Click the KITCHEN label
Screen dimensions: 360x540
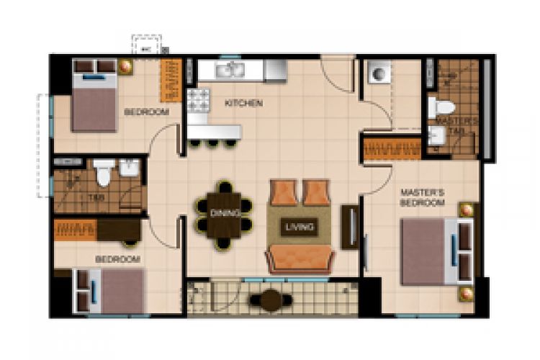[x=243, y=104]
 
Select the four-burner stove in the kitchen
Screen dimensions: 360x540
[x=197, y=100]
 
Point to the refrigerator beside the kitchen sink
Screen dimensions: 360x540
[x=275, y=71]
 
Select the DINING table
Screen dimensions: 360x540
[x=225, y=214]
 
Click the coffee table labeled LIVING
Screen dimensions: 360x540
[x=300, y=227]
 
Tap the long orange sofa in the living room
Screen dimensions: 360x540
[x=300, y=258]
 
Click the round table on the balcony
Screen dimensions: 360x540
[x=271, y=300]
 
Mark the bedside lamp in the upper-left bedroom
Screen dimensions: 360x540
[x=126, y=67]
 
